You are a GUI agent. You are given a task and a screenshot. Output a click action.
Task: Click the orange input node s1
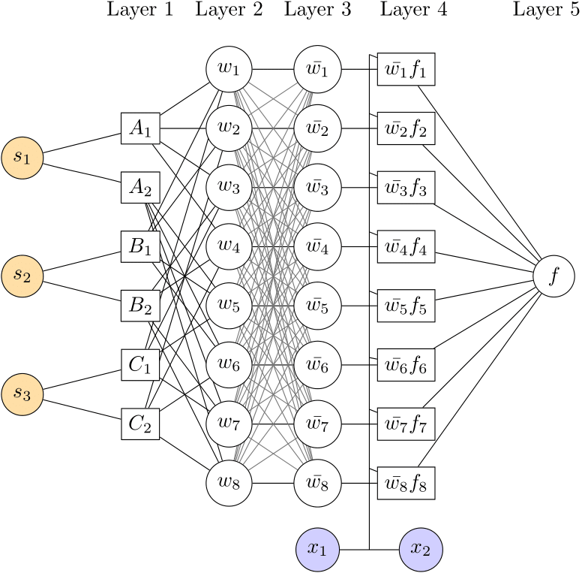22,158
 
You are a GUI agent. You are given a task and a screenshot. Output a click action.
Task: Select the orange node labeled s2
22,276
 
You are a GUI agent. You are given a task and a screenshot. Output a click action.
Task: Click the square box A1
140,128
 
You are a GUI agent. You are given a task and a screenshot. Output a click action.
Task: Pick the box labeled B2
140,306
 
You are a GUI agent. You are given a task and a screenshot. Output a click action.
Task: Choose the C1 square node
140,365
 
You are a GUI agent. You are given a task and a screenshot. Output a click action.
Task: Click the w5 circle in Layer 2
229,306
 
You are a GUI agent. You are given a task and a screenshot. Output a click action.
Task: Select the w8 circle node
229,483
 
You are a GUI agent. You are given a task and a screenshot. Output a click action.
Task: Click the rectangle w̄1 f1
406,70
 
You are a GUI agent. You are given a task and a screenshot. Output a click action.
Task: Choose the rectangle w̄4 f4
406,246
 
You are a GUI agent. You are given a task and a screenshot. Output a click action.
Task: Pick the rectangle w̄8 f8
406,483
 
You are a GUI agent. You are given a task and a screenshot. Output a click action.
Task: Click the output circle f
553,276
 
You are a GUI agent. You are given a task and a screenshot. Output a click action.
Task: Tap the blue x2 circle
421,549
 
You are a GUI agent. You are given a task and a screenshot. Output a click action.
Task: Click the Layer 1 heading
140,11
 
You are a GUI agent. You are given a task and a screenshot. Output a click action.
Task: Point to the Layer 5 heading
546,11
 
